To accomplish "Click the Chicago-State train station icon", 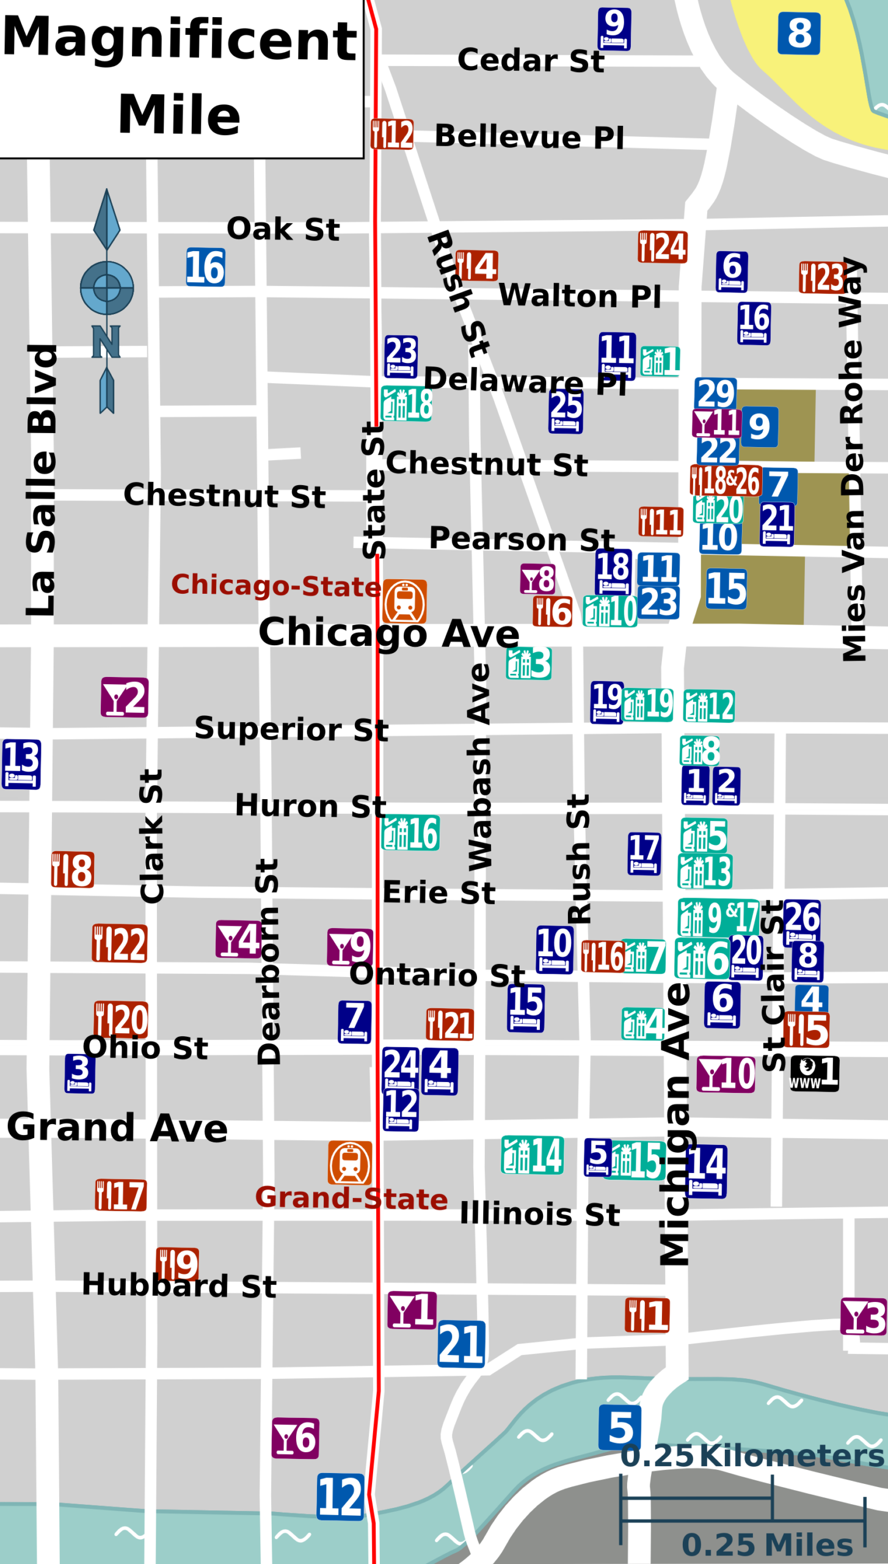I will click(404, 601).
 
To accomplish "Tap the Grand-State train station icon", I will click(350, 1163).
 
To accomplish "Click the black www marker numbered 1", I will click(814, 1073).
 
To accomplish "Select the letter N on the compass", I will click(106, 342).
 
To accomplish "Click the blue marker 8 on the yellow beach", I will click(799, 34).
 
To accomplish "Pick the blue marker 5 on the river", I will click(620, 1428).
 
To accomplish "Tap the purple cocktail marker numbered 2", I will click(125, 697).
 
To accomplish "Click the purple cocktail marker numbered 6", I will click(296, 1438).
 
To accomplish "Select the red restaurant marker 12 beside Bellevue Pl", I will click(392, 134).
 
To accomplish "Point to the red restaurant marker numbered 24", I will click(663, 247).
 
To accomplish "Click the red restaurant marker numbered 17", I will click(121, 1195).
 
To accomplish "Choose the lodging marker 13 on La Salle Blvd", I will click(21, 764).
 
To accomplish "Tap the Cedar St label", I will click(530, 60).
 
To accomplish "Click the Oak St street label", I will click(283, 229).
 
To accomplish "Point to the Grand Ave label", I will click(117, 1127).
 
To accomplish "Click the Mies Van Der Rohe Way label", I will click(853, 458).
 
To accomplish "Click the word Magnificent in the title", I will click(180, 39).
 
